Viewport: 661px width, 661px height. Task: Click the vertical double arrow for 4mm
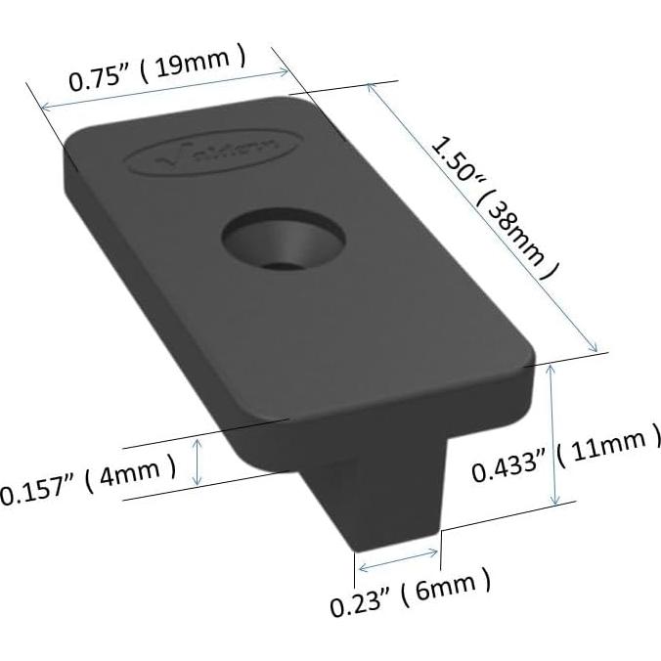(199, 461)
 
